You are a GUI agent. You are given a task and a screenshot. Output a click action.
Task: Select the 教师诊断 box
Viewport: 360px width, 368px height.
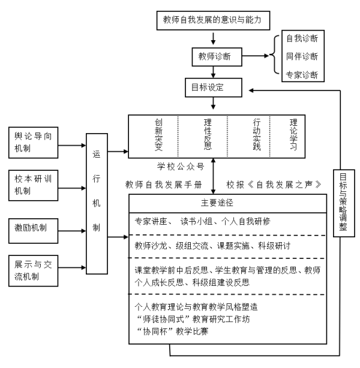coord(217,58)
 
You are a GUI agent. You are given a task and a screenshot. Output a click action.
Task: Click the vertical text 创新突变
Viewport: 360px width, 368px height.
coord(158,135)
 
